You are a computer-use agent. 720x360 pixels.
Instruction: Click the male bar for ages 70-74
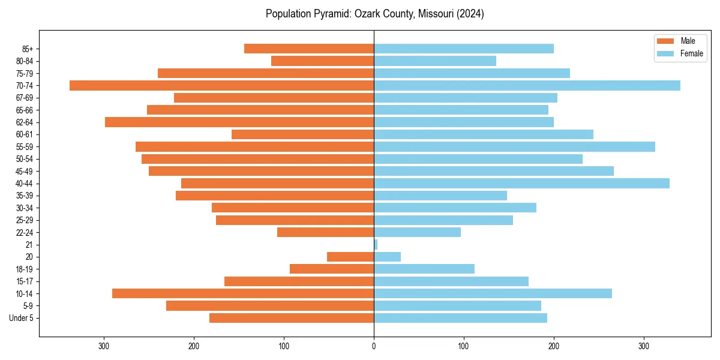point(221,86)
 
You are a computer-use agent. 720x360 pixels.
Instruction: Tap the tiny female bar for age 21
point(376,245)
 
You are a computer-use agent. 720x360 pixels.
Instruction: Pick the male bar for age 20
point(350,257)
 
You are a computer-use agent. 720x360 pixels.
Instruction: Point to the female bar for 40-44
point(521,184)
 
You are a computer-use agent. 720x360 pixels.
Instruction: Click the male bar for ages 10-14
point(243,293)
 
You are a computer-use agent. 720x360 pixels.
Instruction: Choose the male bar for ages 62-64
point(239,122)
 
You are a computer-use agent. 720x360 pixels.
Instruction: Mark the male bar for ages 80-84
point(322,61)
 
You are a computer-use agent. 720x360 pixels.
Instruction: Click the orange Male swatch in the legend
point(666,41)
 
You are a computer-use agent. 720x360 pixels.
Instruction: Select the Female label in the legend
point(692,53)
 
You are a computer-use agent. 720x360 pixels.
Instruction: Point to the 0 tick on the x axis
point(374,346)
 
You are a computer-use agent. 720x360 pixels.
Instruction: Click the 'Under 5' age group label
point(22,318)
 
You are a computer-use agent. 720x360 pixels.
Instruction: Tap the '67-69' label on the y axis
point(25,98)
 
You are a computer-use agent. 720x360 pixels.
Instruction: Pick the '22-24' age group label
point(25,232)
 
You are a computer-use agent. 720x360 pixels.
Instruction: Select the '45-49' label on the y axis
point(25,171)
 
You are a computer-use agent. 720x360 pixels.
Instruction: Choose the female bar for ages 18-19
point(424,269)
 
